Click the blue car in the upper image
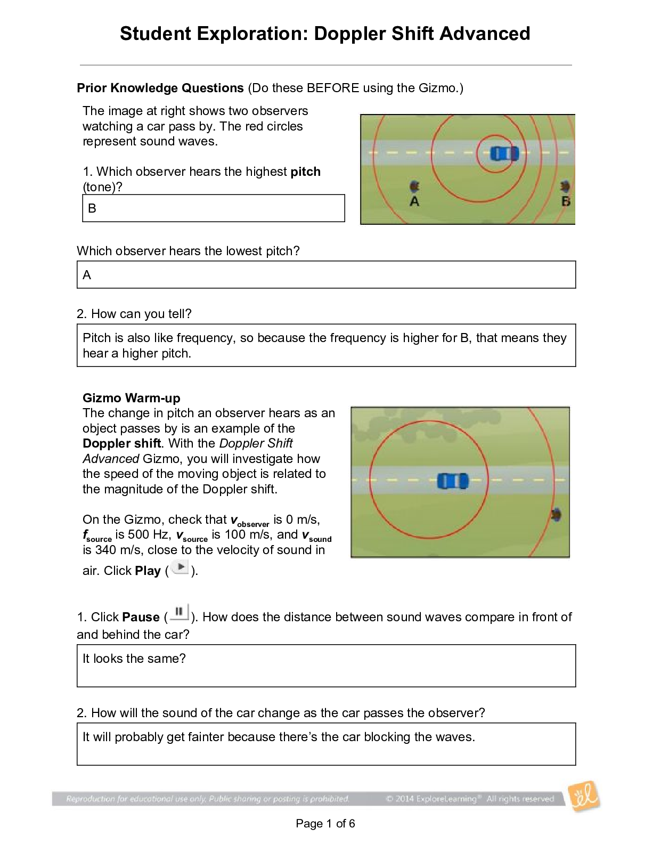point(503,154)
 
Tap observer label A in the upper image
point(414,201)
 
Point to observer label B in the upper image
point(566,201)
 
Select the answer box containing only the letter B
point(213,208)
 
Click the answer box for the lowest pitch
point(326,275)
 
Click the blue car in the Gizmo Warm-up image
point(452,481)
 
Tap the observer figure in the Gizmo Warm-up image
point(556,515)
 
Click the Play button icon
point(181,568)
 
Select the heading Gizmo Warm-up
point(131,398)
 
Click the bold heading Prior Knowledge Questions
point(160,88)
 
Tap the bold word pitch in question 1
point(305,172)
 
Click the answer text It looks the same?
point(134,659)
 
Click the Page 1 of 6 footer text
point(325,824)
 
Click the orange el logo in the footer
point(584,797)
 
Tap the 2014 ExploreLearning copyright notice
point(470,799)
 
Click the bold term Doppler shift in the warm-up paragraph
point(121,443)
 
